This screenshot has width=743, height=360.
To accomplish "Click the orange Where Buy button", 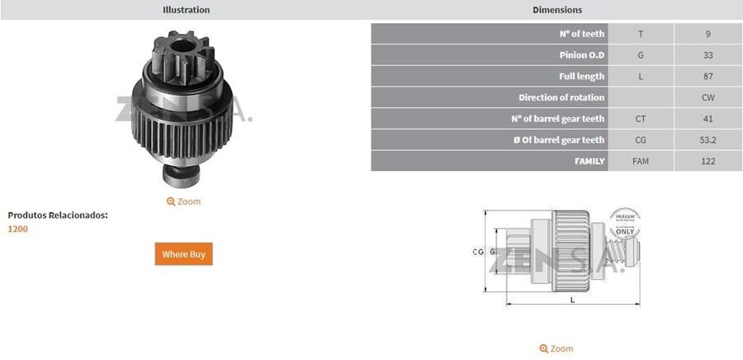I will [x=183, y=254].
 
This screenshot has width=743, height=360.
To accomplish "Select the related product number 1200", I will [x=17, y=229].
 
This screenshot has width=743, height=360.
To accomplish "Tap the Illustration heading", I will [x=186, y=10].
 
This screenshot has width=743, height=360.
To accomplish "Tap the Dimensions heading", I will [x=557, y=10].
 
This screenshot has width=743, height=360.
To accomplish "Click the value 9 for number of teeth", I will [x=708, y=34].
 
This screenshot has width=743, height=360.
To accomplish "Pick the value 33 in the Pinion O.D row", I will [x=708, y=55].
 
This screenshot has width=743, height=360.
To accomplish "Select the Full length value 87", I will [x=708, y=76].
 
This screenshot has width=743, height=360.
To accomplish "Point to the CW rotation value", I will [x=708, y=97].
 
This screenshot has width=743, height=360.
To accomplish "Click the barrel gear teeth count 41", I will [x=708, y=119].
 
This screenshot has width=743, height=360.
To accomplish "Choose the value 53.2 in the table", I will [x=708, y=140].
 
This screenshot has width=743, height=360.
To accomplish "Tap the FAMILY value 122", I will [x=708, y=161].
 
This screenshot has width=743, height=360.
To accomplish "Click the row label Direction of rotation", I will [x=561, y=97].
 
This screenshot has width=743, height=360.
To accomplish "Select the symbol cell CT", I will [x=641, y=119].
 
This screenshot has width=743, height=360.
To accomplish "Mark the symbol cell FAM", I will [x=641, y=161].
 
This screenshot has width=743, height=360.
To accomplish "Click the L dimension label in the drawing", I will [x=572, y=300].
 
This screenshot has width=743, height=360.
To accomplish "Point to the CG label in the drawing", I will [x=477, y=251].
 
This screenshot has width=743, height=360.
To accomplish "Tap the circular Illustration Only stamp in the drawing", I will [x=624, y=224].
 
